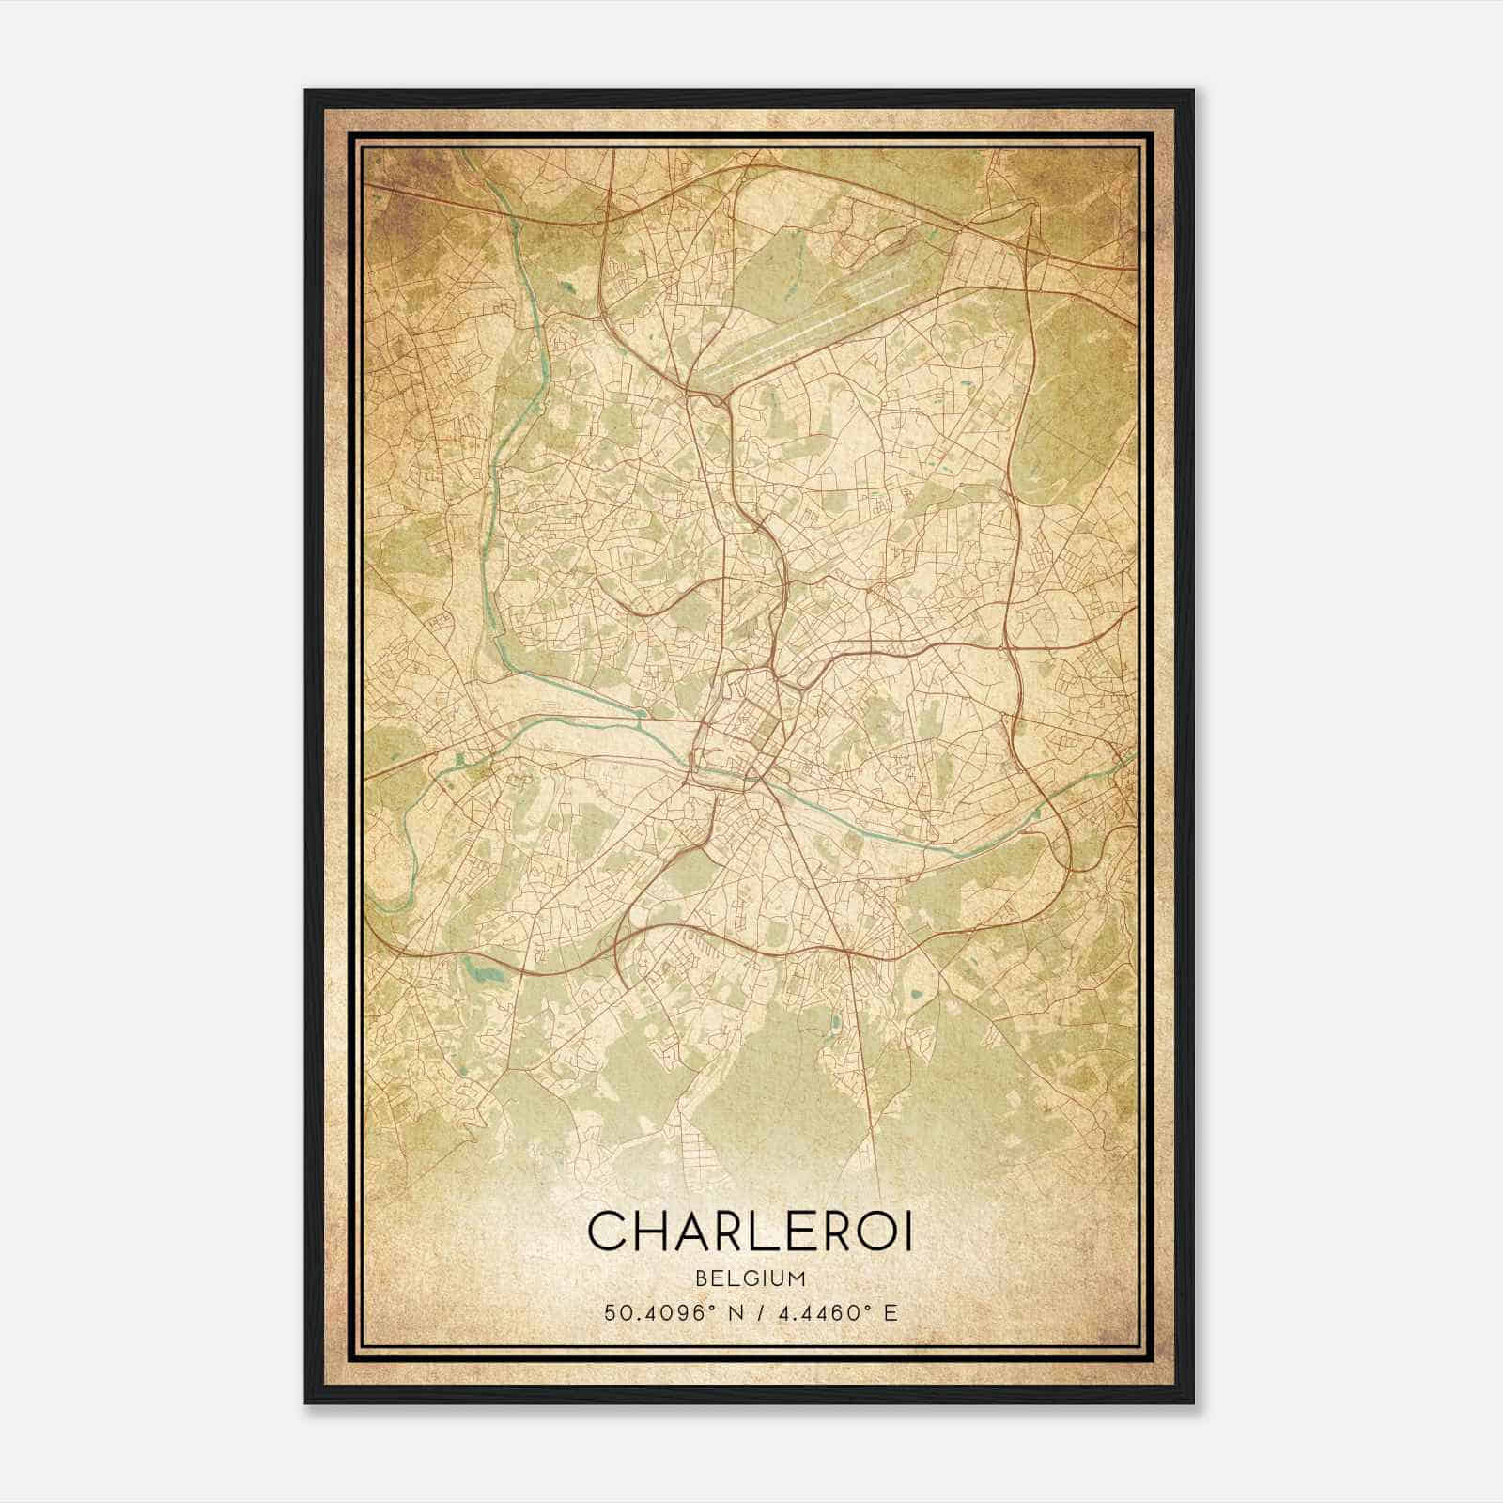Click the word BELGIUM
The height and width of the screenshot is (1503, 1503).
pyautogui.click(x=751, y=1278)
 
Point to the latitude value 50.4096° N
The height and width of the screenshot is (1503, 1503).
pyautogui.click(x=668, y=1312)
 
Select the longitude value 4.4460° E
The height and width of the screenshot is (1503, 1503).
pyautogui.click(x=835, y=1312)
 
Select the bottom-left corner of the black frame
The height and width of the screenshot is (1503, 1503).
pyautogui.click(x=307, y=1408)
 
